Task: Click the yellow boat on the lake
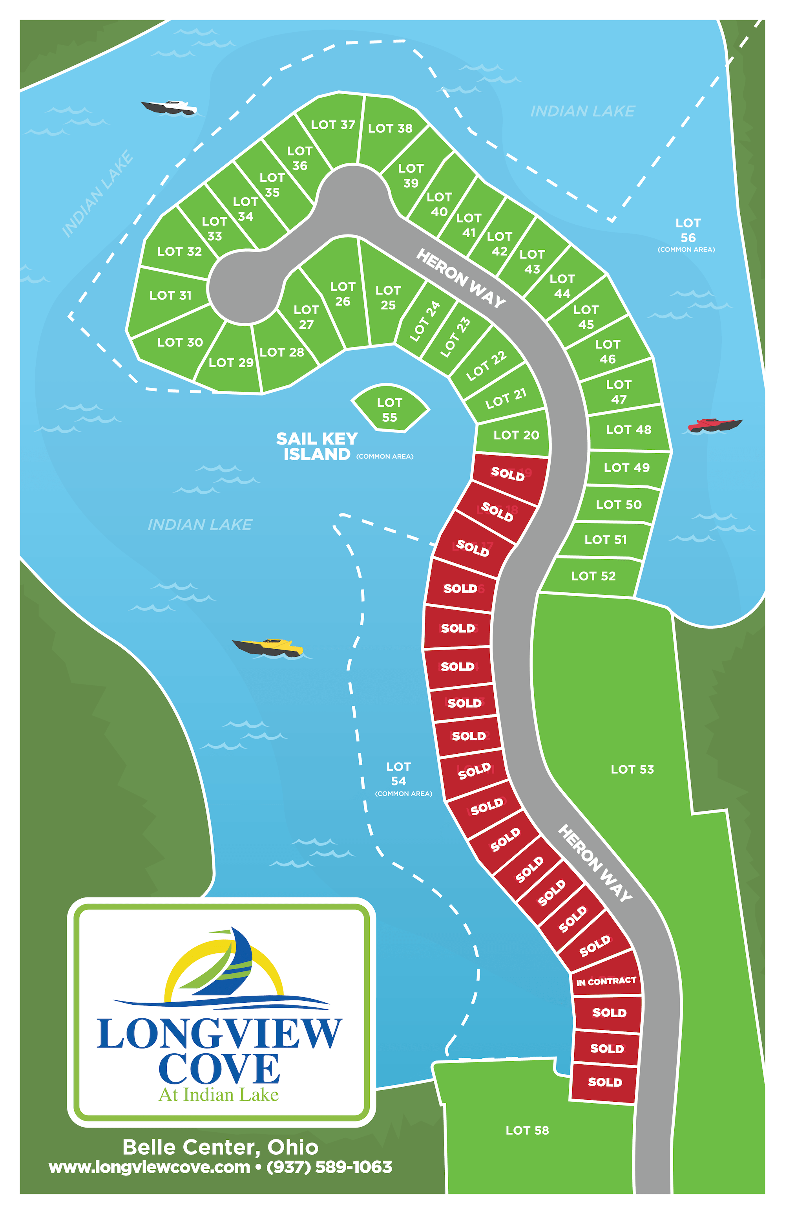[x=268, y=647]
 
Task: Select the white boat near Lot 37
[x=170, y=107]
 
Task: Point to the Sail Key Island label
[x=317, y=446]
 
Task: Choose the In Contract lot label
[x=606, y=981]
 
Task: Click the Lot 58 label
[x=527, y=1130]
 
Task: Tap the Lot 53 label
[x=632, y=769]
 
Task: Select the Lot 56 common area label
[x=688, y=234]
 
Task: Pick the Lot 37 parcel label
[x=333, y=125]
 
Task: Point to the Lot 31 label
[x=170, y=295]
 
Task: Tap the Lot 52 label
[x=593, y=576]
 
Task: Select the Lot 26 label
[x=343, y=294]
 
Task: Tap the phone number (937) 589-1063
[x=329, y=1167]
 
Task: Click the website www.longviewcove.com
[x=150, y=1167]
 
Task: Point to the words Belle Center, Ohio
[x=220, y=1147]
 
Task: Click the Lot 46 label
[x=607, y=352]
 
